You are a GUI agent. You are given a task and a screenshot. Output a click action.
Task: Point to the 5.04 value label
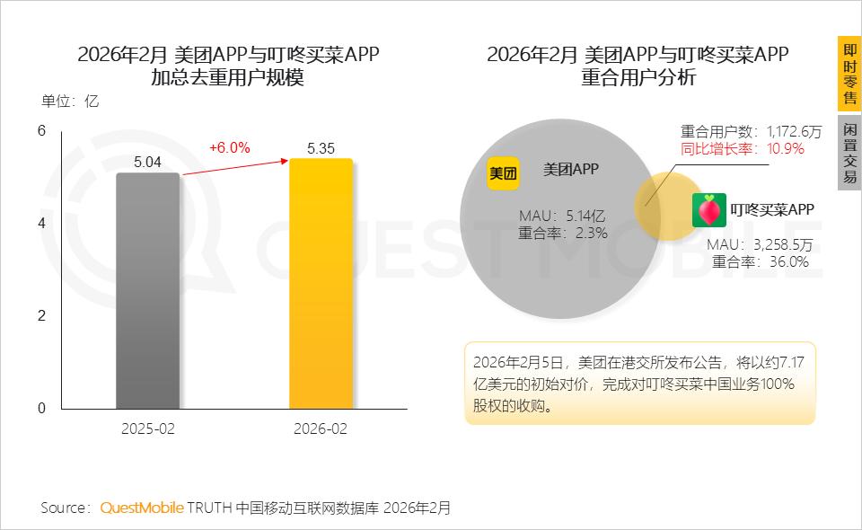(x=148, y=163)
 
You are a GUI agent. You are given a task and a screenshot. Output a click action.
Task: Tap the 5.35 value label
(x=321, y=148)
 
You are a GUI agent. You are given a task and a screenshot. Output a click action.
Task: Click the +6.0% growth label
(x=229, y=147)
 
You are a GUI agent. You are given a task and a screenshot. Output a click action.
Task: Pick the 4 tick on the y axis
(x=41, y=223)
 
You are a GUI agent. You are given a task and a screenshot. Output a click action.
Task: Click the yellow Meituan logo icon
(x=504, y=173)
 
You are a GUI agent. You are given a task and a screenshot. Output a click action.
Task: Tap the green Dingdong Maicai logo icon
(x=708, y=210)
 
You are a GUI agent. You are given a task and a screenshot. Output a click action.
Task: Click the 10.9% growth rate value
(x=786, y=148)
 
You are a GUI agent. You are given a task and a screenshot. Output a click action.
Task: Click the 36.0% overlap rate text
(x=787, y=261)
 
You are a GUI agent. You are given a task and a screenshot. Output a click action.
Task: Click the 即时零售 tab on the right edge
(x=849, y=74)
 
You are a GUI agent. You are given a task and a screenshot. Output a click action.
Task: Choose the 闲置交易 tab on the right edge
(x=849, y=153)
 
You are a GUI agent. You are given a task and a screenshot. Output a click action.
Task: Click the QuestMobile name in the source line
(x=141, y=508)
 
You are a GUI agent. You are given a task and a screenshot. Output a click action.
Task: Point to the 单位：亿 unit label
(x=70, y=102)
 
